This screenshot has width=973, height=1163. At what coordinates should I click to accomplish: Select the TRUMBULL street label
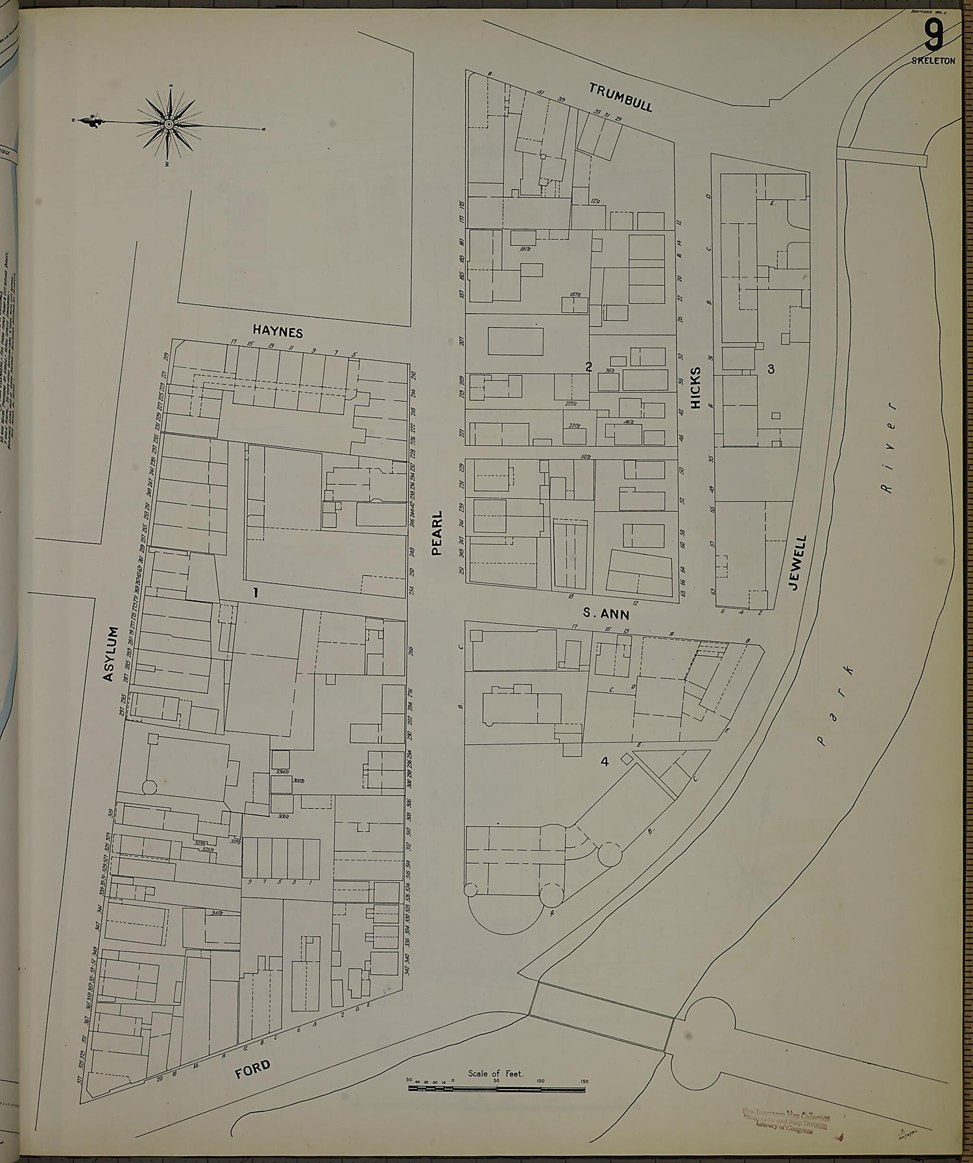pyautogui.click(x=621, y=97)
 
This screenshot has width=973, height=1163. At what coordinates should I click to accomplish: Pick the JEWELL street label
pyautogui.click(x=798, y=562)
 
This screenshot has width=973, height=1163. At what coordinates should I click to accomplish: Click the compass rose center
pyautogui.click(x=169, y=123)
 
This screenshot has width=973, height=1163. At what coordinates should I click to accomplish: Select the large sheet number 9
pyautogui.click(x=933, y=37)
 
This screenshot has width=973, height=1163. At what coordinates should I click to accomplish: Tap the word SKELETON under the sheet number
pyautogui.click(x=933, y=60)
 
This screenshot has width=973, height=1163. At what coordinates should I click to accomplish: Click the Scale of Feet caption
pyautogui.click(x=496, y=1073)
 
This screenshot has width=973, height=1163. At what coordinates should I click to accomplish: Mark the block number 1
pyautogui.click(x=256, y=592)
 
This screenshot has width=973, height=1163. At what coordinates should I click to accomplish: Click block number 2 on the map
pyautogui.click(x=588, y=367)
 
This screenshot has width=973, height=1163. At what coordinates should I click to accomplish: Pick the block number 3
pyautogui.click(x=771, y=369)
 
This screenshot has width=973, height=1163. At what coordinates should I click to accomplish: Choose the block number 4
pyautogui.click(x=604, y=762)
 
